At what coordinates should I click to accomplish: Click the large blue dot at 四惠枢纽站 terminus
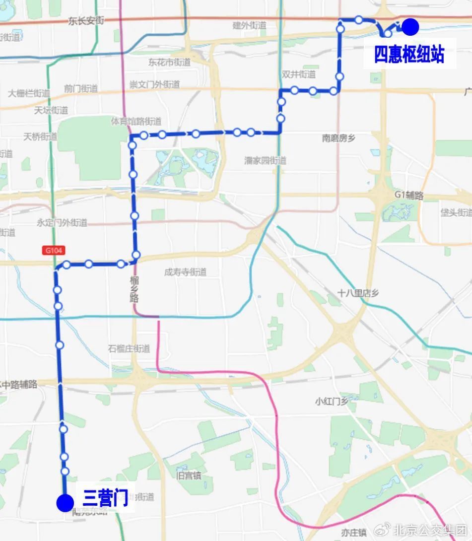(410, 27)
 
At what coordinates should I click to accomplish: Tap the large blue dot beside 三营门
(65, 502)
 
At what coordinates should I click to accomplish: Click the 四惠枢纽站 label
(409, 55)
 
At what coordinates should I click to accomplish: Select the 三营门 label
(105, 498)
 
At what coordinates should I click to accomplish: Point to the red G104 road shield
(54, 251)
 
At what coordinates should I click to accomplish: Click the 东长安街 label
(86, 21)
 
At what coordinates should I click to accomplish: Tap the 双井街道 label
(298, 74)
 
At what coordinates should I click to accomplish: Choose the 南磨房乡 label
(339, 138)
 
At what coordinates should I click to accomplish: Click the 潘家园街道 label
(266, 161)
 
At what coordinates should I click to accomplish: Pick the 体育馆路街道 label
(136, 121)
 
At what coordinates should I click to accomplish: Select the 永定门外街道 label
(62, 222)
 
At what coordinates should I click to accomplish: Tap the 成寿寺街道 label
(185, 272)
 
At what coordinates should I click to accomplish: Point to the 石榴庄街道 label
(129, 349)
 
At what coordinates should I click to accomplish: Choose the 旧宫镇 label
(189, 475)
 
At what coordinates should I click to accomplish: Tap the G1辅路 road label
(409, 196)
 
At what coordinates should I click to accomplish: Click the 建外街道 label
(250, 25)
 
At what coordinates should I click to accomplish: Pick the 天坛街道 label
(51, 110)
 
